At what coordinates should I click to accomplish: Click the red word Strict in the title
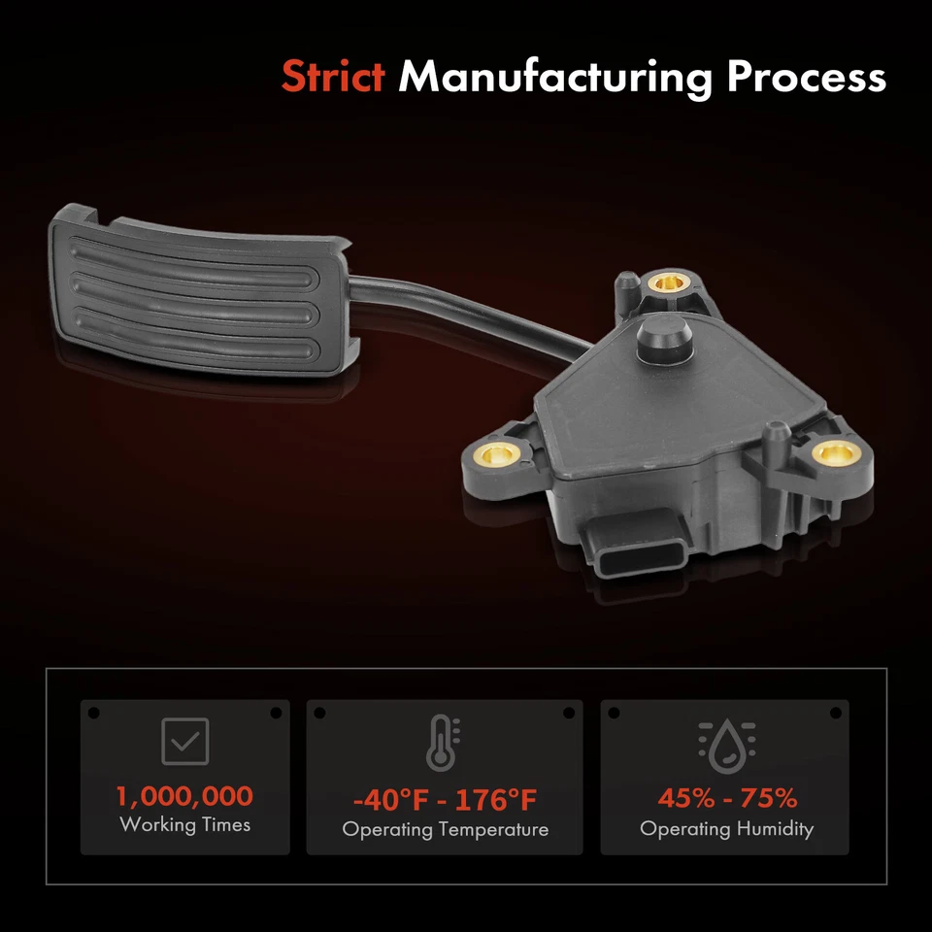pos(333,77)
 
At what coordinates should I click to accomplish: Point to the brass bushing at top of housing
pos(666,283)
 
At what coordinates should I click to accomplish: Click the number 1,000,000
pos(184,797)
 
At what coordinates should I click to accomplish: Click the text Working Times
pos(184,825)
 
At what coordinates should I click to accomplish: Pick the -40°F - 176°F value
pos(444,801)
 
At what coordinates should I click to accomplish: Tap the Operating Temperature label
pos(445,830)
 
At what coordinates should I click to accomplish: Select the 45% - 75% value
pos(726,799)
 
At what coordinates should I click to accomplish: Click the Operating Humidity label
pos(726,828)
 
